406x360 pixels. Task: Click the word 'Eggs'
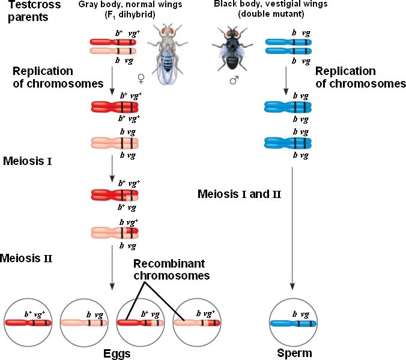pos(116,353)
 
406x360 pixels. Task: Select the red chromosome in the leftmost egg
pos(28,323)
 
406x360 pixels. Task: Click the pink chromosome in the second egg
pos(84,323)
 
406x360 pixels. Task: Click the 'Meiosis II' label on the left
pos(26,259)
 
